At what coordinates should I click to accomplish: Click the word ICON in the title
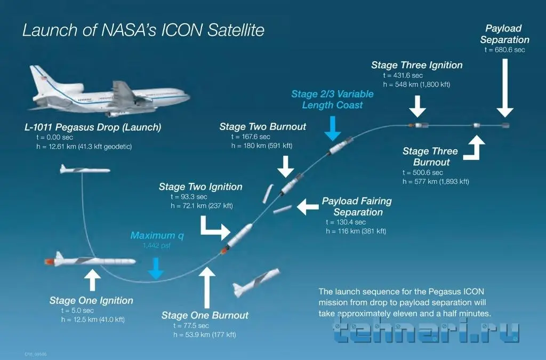pos(182,30)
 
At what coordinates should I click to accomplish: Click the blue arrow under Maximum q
pos(156,269)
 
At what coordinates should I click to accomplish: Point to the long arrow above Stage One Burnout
pos(207,287)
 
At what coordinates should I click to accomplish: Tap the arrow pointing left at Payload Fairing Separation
pos(308,207)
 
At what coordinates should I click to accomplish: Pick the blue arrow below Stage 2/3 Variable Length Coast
pos(333,129)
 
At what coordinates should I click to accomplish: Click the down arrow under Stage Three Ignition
pos(417,106)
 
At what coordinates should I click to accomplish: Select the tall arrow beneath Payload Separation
pos(505,88)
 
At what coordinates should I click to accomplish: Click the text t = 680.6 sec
pos(504,50)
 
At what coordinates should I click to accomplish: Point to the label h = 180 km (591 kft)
pos(262,146)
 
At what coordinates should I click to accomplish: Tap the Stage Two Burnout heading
pos(262,126)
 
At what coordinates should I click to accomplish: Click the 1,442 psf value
pos(157,245)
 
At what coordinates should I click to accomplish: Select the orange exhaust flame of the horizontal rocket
pos(50,261)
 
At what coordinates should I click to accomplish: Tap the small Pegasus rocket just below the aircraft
pos(85,170)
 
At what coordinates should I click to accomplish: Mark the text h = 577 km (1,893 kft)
pos(436,181)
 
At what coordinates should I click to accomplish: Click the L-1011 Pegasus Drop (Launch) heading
pos(93,127)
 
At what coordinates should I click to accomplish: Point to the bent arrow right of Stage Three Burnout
pos(474,148)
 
